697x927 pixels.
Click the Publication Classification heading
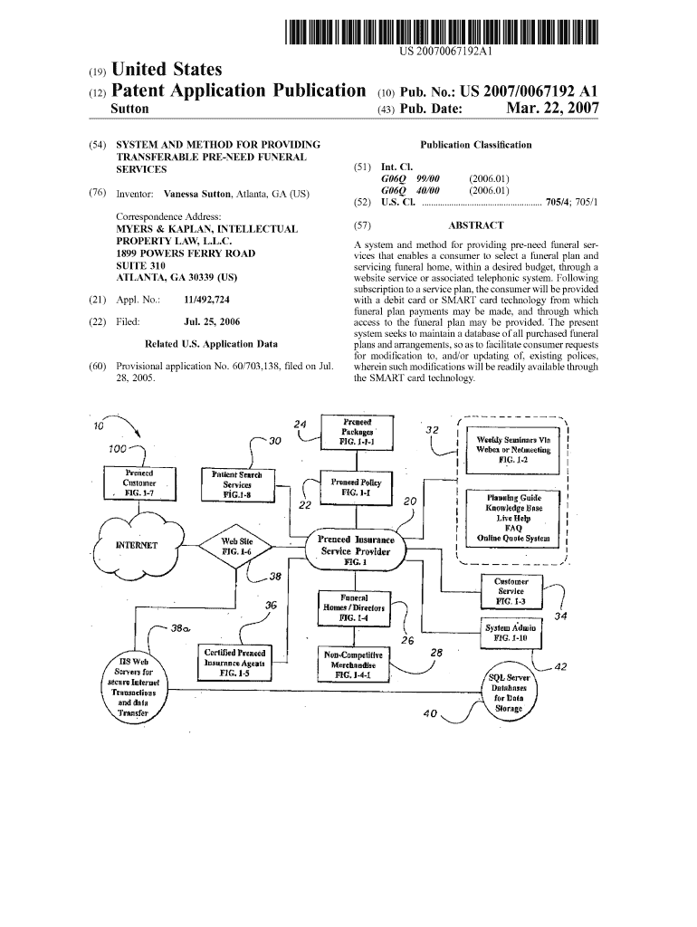[x=476, y=145]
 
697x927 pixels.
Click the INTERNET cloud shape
[x=138, y=545]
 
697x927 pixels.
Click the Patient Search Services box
[x=236, y=485]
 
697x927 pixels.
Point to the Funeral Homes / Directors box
[x=353, y=608]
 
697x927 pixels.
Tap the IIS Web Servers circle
[x=134, y=689]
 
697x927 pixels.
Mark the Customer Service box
[x=511, y=591]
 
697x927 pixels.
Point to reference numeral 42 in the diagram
[x=559, y=667]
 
